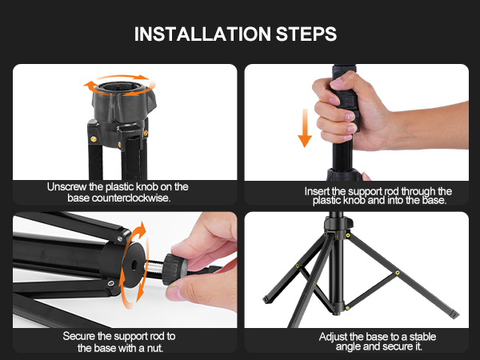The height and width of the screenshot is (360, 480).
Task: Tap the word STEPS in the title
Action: [308, 34]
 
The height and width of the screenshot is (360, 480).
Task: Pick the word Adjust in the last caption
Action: [335, 336]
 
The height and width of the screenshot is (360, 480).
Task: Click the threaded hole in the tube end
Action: [130, 263]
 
